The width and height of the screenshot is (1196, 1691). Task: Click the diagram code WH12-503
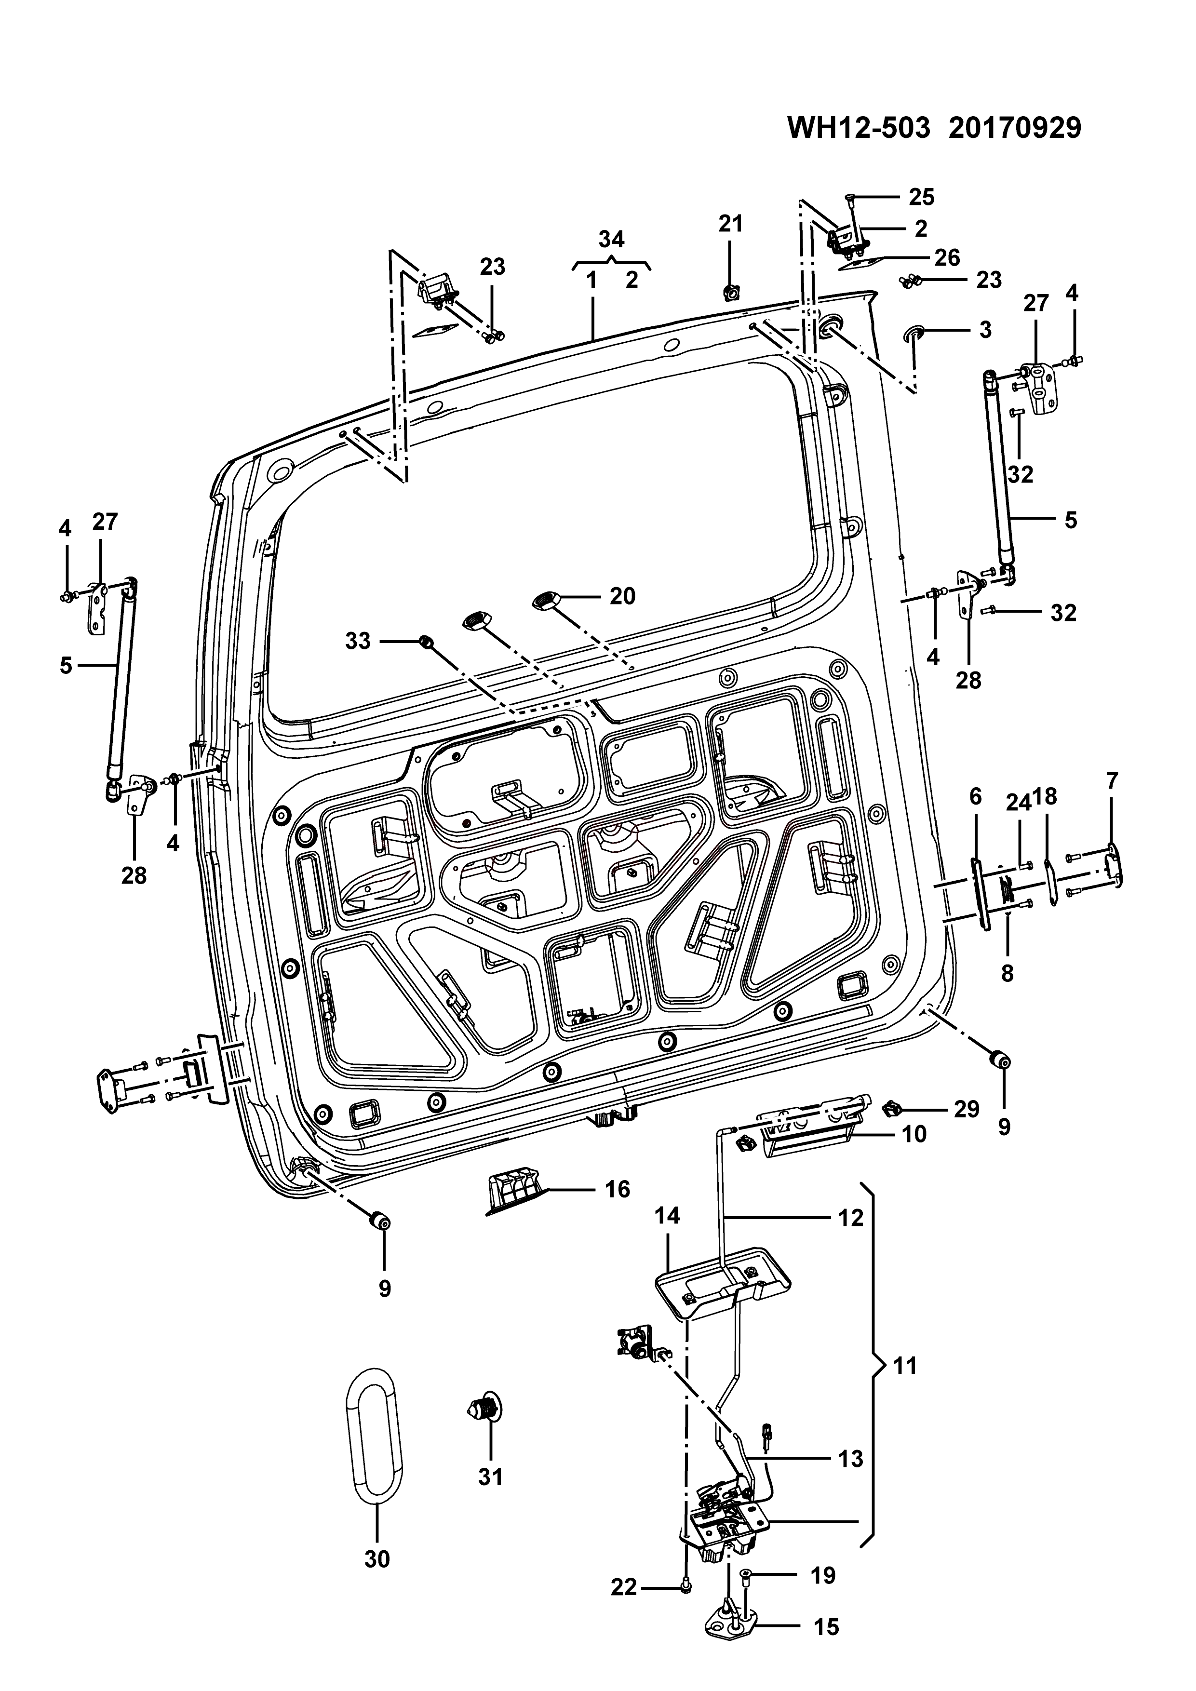point(858,127)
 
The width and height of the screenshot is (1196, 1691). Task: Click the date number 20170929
point(1015,127)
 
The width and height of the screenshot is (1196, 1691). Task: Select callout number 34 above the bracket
point(611,240)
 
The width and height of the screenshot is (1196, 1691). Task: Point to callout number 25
point(921,197)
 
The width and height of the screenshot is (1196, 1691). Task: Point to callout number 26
point(947,258)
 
